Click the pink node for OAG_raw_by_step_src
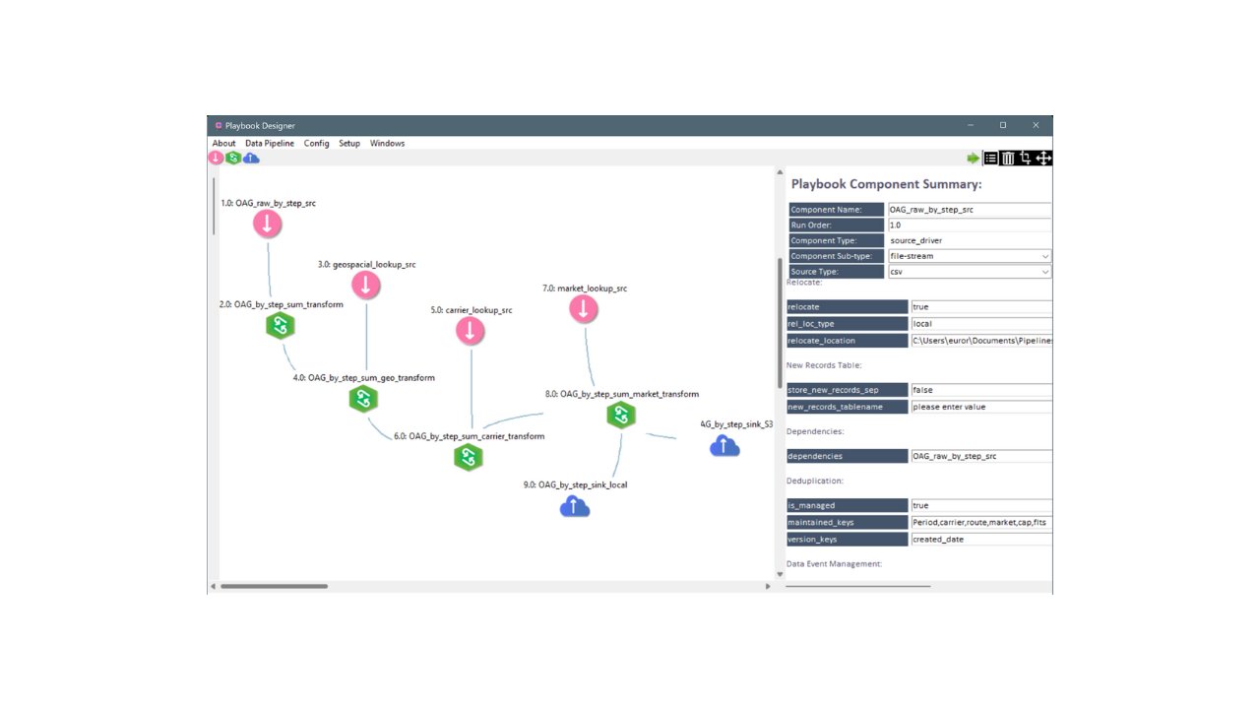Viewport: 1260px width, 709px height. click(x=267, y=224)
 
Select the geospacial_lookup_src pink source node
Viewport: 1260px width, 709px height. click(x=365, y=285)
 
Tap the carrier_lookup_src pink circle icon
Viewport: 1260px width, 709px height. click(x=470, y=330)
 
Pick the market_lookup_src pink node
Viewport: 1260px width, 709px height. click(x=584, y=309)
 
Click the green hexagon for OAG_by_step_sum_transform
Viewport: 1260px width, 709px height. click(x=281, y=326)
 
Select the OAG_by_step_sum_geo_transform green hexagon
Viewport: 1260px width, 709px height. click(x=363, y=399)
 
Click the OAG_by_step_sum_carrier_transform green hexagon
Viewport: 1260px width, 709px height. click(x=468, y=457)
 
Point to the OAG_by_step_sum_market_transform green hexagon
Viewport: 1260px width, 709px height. click(x=621, y=416)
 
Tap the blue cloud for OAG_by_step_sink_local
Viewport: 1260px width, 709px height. click(x=574, y=506)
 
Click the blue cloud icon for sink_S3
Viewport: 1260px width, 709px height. click(x=724, y=446)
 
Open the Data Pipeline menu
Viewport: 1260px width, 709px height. click(x=270, y=144)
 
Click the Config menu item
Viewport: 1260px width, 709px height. click(x=316, y=144)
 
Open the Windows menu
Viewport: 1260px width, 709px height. click(x=387, y=144)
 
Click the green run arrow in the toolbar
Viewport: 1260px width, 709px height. click(x=973, y=159)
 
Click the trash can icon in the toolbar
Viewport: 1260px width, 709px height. click(x=1008, y=159)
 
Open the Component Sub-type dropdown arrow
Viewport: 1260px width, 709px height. click(x=1044, y=257)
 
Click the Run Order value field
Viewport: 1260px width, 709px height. click(x=970, y=226)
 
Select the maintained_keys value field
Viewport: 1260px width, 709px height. click(x=981, y=522)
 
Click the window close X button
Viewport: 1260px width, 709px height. click(x=1036, y=125)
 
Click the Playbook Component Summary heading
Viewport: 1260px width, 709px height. click(x=886, y=184)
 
